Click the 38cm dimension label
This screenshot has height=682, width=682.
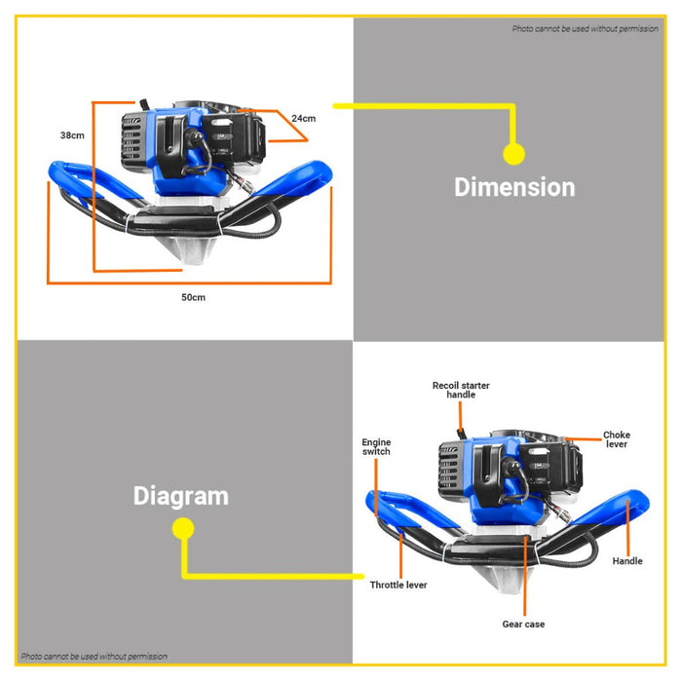click(72, 135)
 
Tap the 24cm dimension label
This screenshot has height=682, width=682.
click(304, 118)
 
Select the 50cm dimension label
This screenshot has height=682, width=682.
click(194, 297)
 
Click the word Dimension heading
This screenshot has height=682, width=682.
click(514, 187)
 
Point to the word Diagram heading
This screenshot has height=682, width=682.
click(181, 496)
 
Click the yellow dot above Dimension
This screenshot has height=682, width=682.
click(513, 154)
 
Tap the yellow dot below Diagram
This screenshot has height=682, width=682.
click(183, 528)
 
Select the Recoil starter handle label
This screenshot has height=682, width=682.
click(461, 390)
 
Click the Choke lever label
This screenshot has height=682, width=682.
click(617, 439)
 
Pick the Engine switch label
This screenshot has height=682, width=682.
click(376, 446)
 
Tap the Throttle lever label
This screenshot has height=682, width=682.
click(398, 585)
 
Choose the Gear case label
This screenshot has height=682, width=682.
click(523, 625)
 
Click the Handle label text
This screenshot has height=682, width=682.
click(627, 561)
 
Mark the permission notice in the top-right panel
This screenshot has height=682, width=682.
click(585, 28)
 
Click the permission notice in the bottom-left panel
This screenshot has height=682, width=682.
click(94, 656)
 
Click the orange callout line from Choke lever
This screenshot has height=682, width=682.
click(584, 439)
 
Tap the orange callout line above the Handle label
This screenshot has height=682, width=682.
click(627, 527)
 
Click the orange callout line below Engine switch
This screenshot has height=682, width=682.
click(376, 487)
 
